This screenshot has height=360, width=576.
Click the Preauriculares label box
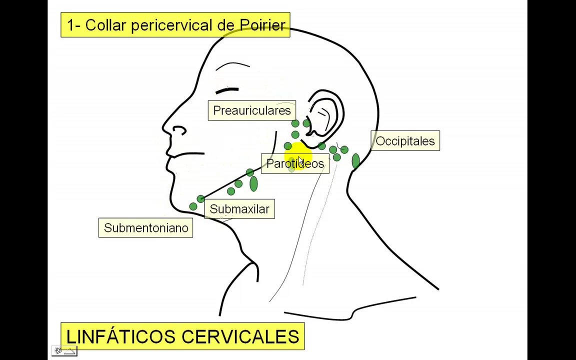(x=251, y=110)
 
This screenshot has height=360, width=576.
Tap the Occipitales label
(x=405, y=141)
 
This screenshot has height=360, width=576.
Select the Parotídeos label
(x=295, y=164)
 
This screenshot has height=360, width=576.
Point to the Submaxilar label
(x=239, y=209)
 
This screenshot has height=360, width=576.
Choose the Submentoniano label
(x=145, y=228)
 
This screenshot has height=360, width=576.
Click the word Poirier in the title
(x=262, y=25)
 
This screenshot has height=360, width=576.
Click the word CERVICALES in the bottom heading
(x=240, y=336)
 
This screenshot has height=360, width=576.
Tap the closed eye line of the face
(x=226, y=90)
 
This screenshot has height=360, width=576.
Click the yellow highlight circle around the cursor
(x=299, y=154)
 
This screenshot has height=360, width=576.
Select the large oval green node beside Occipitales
(x=355, y=161)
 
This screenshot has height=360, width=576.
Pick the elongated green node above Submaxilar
(x=253, y=184)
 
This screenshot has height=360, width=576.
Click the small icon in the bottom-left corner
(x=64, y=351)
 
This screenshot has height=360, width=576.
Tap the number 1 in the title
(x=70, y=25)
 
